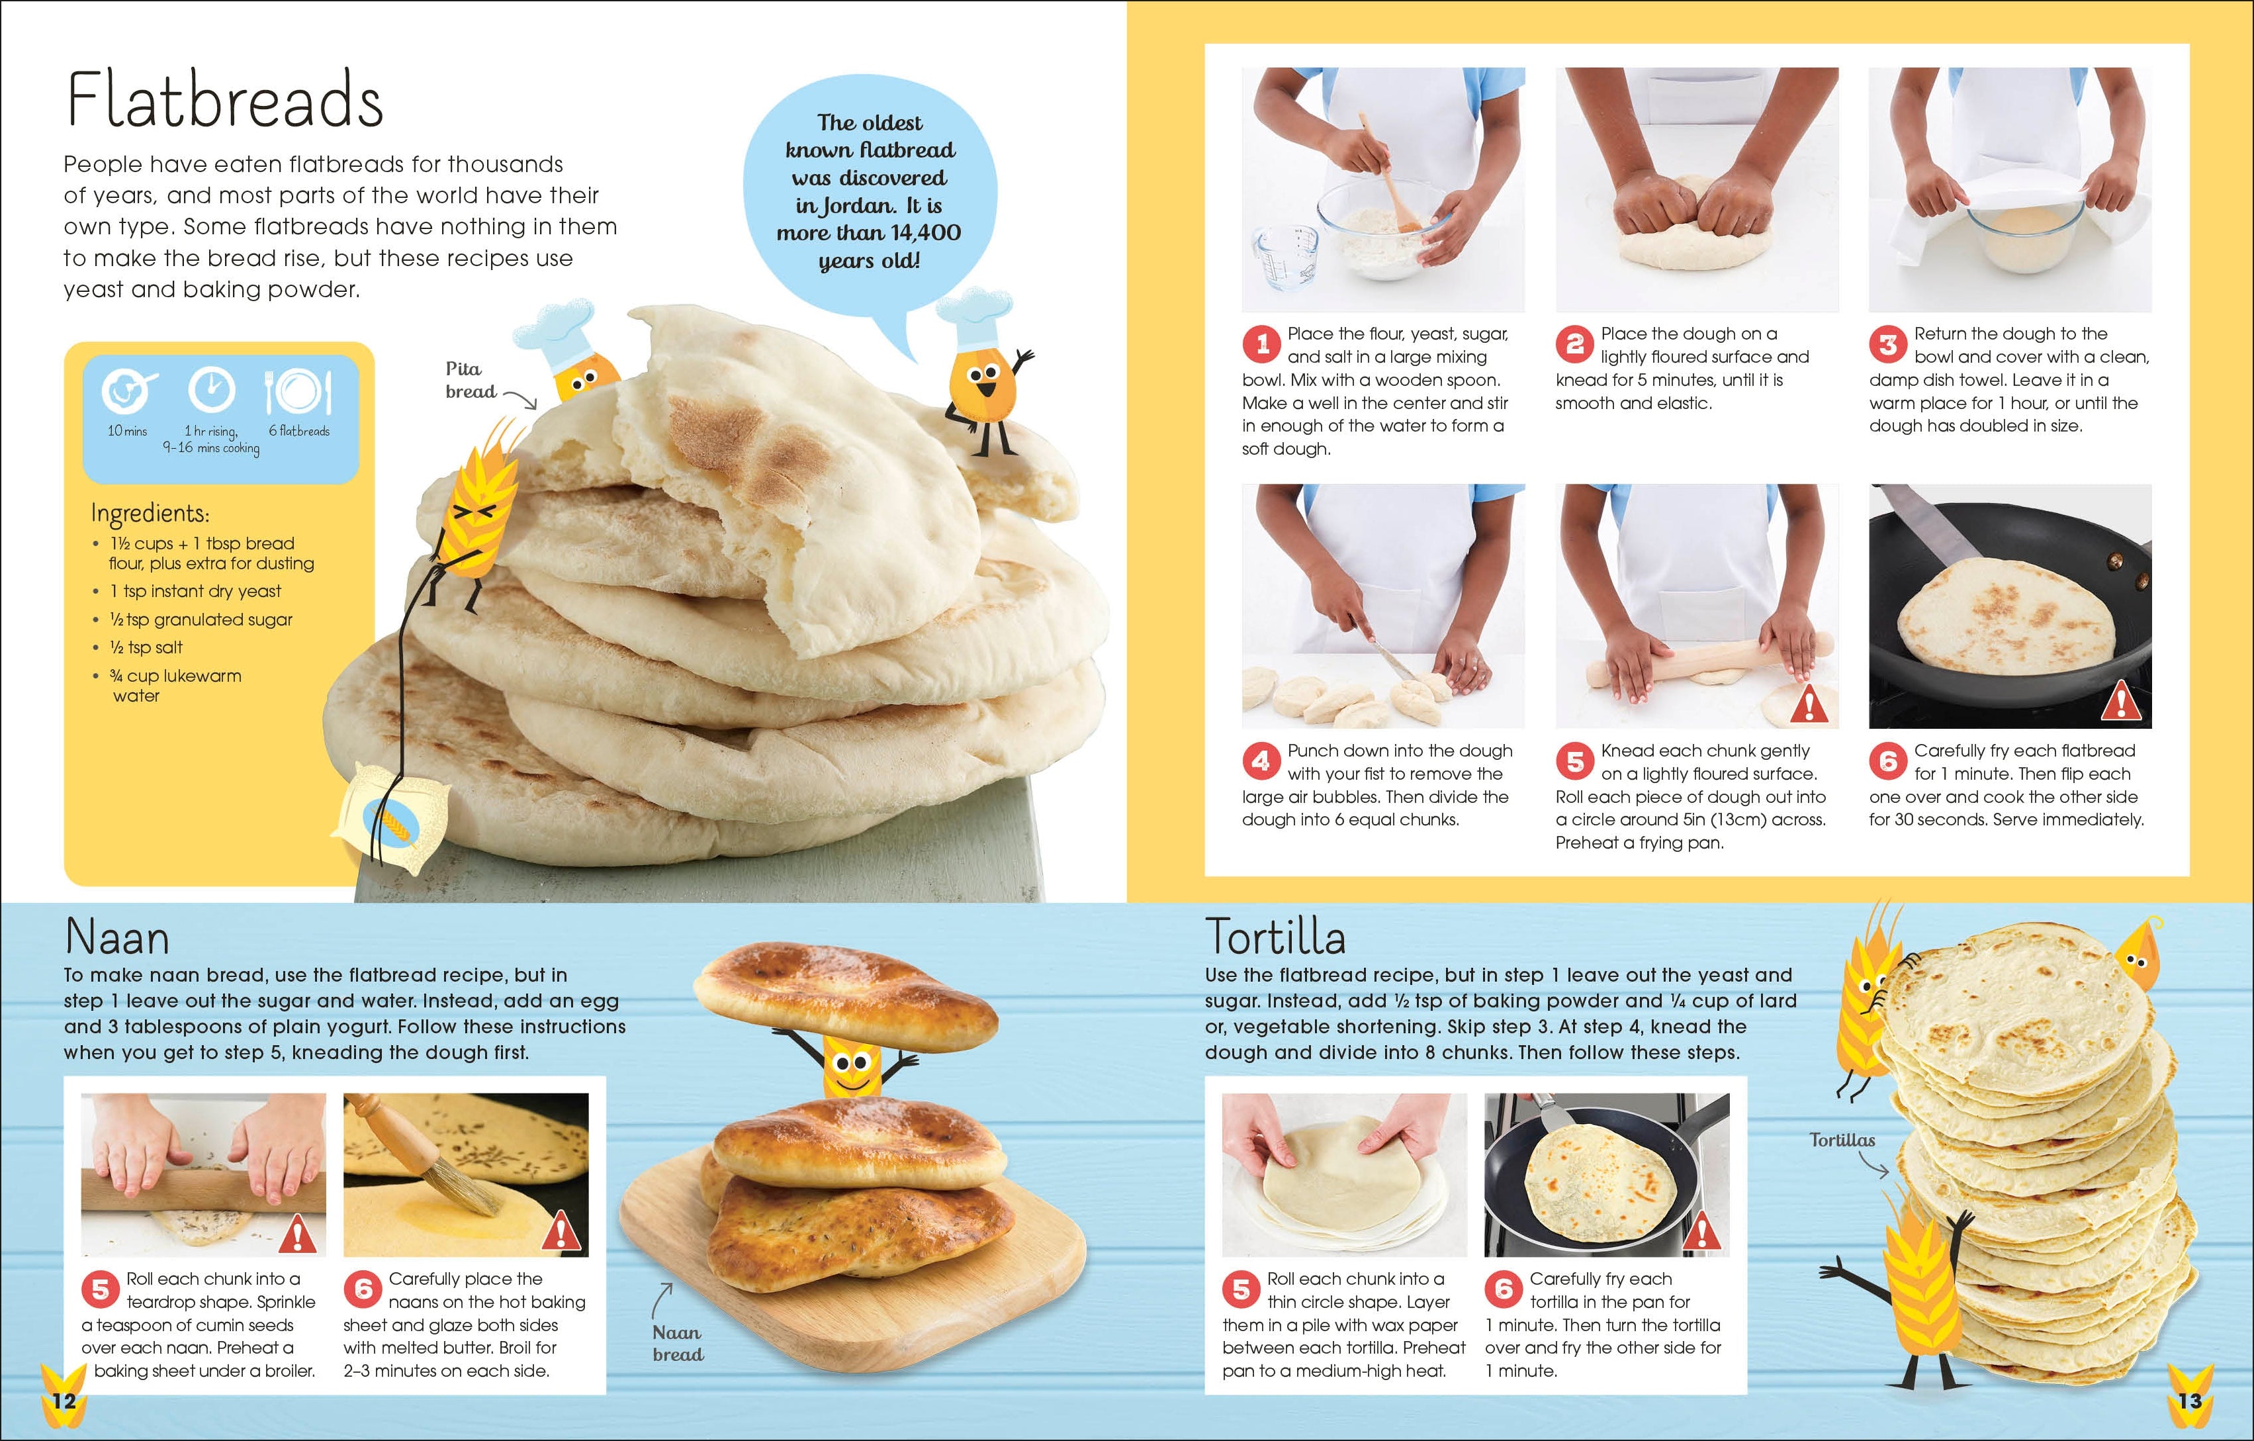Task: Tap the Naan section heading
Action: click(x=117, y=937)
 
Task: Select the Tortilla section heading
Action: click(x=1275, y=937)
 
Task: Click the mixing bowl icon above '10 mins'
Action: click(x=126, y=391)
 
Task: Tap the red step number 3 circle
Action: click(x=1888, y=345)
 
